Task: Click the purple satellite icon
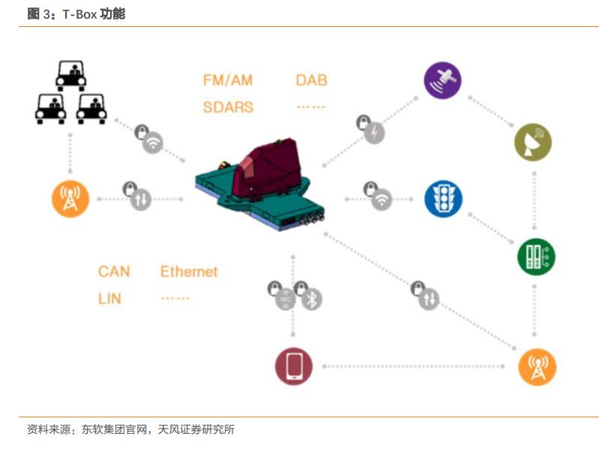(x=442, y=80)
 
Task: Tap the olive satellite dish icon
(x=533, y=142)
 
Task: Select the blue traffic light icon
(x=443, y=199)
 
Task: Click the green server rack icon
(x=537, y=256)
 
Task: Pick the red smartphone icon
(x=294, y=366)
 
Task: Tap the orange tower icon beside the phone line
(x=537, y=367)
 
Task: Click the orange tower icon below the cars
(x=70, y=199)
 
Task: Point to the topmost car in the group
(x=71, y=76)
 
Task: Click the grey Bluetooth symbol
(x=312, y=300)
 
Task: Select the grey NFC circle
(x=286, y=300)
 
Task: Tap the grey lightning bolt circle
(x=374, y=133)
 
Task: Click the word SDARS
(x=228, y=107)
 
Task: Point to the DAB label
(x=312, y=80)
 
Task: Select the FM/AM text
(x=228, y=80)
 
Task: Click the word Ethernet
(x=189, y=272)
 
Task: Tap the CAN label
(x=114, y=272)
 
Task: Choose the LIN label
(x=109, y=299)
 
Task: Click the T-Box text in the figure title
(x=79, y=14)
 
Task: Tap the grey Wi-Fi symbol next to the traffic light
(x=381, y=200)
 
